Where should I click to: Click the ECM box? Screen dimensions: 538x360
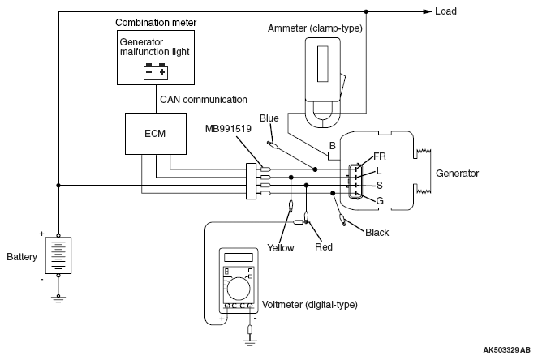(x=156, y=134)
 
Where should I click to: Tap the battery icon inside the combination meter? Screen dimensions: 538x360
(x=156, y=71)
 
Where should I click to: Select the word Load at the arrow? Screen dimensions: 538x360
(x=445, y=11)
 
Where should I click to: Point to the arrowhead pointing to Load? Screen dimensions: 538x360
(x=427, y=11)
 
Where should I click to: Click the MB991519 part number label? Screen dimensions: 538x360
(x=228, y=129)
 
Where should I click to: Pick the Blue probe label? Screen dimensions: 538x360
(x=269, y=118)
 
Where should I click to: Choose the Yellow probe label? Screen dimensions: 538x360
(x=281, y=247)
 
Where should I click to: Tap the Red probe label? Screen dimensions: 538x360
(x=324, y=246)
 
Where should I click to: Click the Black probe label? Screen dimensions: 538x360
(x=377, y=233)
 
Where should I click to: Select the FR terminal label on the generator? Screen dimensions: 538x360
(x=380, y=156)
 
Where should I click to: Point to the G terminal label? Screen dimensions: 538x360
(x=380, y=200)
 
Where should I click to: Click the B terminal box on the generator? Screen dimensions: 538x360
(x=334, y=156)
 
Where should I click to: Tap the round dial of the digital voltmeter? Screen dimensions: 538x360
(x=239, y=289)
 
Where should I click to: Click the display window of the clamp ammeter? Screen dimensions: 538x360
(x=322, y=64)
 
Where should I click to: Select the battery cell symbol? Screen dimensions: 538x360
(x=58, y=255)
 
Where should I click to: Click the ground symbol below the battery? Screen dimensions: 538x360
(x=58, y=299)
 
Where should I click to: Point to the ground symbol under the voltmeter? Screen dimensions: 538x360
(x=250, y=342)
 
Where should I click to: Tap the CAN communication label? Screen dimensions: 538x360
(x=204, y=100)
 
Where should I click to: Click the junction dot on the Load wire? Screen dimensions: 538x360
(x=366, y=11)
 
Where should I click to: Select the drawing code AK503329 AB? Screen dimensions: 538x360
(x=507, y=350)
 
